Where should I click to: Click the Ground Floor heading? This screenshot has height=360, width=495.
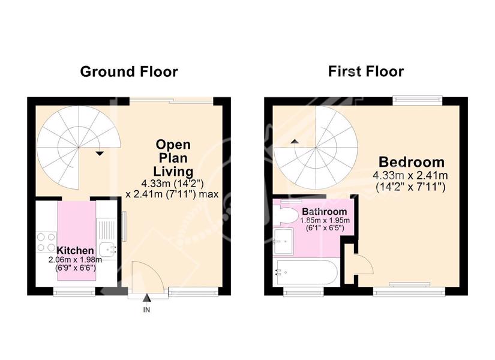pos(129,71)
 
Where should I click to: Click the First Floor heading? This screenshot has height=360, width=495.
pos(366,71)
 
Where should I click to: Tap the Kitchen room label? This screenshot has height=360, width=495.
pos(75,250)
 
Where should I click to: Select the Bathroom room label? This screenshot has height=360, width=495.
pos(325,211)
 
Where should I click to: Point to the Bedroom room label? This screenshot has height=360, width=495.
pos(412,162)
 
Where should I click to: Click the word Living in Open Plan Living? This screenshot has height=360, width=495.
pos(173,172)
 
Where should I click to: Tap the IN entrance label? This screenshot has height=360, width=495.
pos(146,310)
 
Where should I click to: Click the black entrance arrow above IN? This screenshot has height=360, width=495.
pos(146,298)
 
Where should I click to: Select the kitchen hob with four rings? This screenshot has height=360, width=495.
pos(46,242)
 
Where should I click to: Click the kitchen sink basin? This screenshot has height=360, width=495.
pos(108,250)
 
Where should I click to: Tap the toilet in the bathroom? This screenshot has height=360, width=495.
pos(285,215)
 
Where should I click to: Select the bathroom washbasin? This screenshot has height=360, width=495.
pos(283,242)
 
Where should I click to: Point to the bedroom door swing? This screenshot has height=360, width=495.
pos(364,265)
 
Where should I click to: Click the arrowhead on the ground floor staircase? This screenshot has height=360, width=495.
pos(100,154)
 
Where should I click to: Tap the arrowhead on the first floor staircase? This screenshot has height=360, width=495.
pos(295,142)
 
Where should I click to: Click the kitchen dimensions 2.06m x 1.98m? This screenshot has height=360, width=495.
pos(75,260)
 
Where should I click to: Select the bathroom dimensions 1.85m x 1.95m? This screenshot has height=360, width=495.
pos(325,220)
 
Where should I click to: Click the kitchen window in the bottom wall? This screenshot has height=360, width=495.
pos(74,292)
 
